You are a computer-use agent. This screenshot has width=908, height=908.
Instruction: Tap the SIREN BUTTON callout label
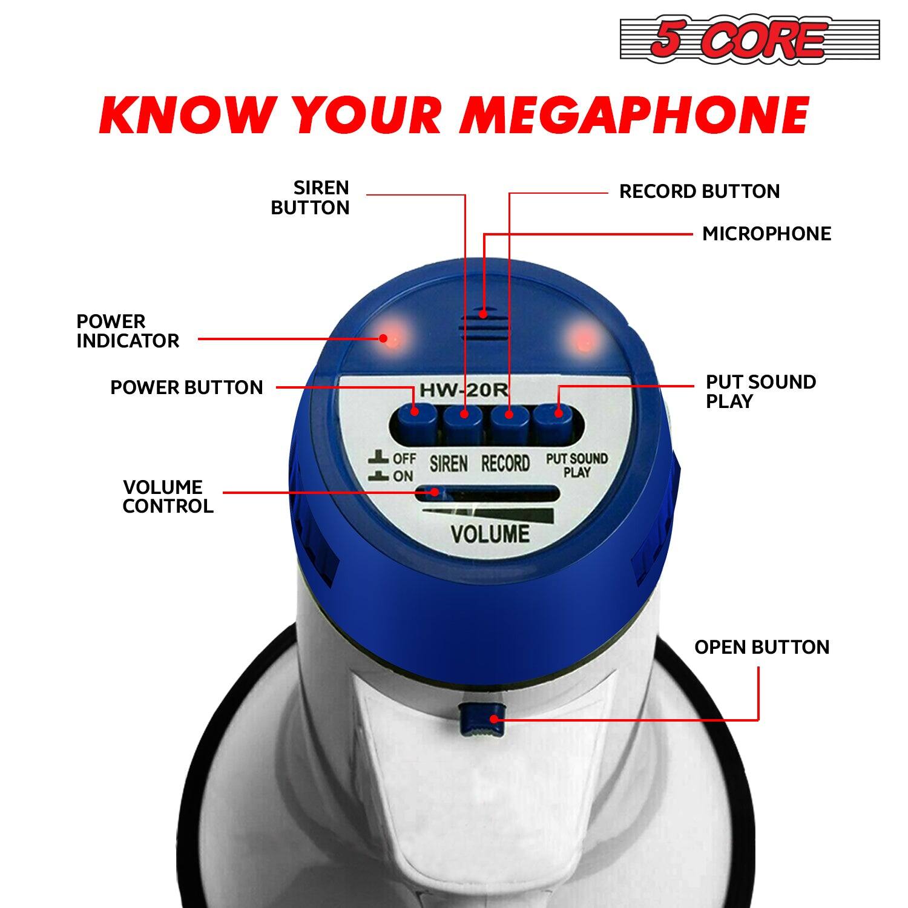[310, 198]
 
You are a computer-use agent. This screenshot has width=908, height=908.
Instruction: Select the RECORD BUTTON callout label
[699, 192]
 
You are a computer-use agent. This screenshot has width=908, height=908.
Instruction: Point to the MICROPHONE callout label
[766, 234]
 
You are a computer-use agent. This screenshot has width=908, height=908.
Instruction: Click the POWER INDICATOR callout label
[127, 331]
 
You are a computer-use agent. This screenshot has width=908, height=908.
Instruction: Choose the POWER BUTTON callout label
[186, 388]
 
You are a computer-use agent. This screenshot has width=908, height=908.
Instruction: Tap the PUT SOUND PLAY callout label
[760, 392]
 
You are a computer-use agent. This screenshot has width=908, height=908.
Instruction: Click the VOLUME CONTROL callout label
[168, 496]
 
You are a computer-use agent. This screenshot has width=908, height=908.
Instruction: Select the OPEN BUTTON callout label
[762, 648]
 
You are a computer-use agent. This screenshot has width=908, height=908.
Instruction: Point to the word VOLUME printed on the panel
[490, 535]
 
